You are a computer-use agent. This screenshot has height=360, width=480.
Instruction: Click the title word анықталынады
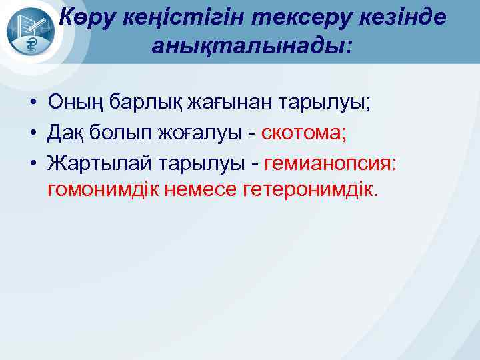253,46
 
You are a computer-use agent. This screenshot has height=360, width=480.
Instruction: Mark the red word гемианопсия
331,163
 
